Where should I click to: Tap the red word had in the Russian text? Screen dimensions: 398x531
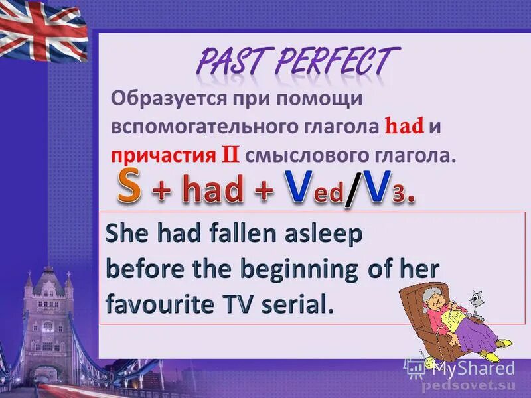tap(405, 126)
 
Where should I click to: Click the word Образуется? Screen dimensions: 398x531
tap(171, 99)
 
